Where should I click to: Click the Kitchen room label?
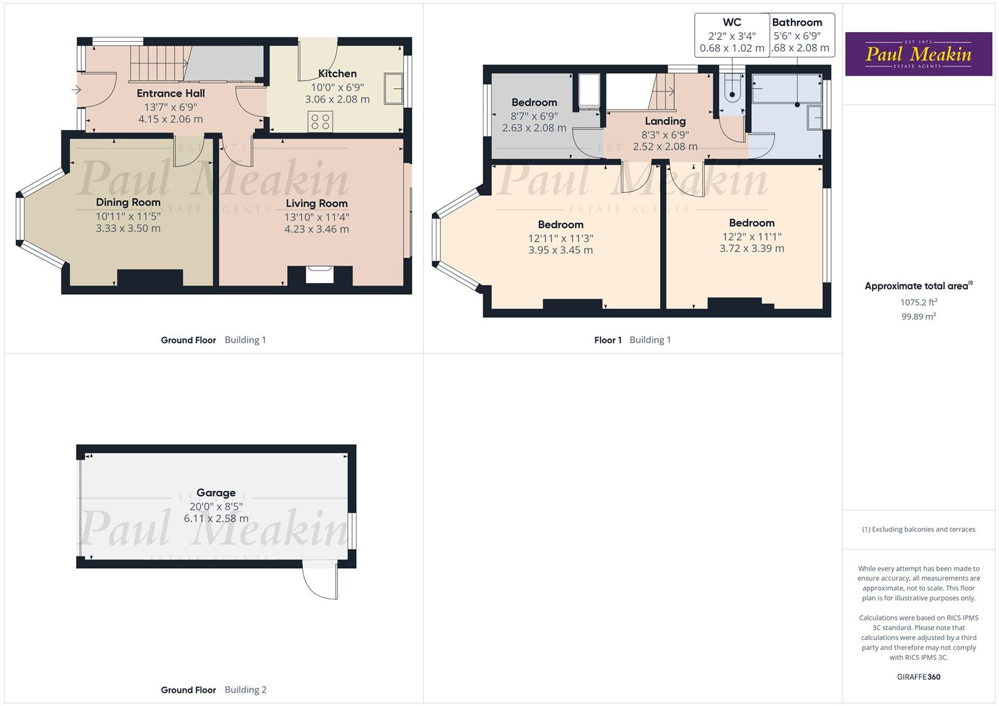pyautogui.click(x=337, y=74)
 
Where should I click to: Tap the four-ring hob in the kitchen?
pyautogui.click(x=321, y=121)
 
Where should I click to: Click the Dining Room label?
pyautogui.click(x=128, y=203)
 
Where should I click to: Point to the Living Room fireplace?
pyautogui.click(x=319, y=275)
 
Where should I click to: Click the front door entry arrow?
pyautogui.click(x=77, y=90)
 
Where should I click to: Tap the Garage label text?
pyautogui.click(x=216, y=493)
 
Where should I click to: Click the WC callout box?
pyautogui.click(x=731, y=35)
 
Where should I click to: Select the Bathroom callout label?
pyautogui.click(x=797, y=22)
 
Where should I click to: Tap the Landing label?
pyautogui.click(x=665, y=121)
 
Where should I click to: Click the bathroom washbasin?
pyautogui.click(x=815, y=118)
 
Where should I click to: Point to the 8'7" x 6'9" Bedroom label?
pyautogui.click(x=534, y=103)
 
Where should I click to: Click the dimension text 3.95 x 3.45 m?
pyautogui.click(x=560, y=250)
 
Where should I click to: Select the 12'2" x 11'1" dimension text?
pyautogui.click(x=752, y=237)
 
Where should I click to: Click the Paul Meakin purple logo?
pyautogui.click(x=918, y=54)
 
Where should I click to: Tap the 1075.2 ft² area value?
pyautogui.click(x=918, y=303)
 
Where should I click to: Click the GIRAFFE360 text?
pyautogui.click(x=918, y=677)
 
